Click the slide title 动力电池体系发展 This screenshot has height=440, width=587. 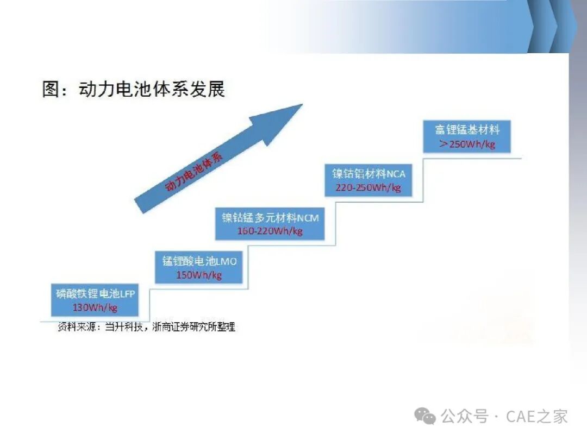click(x=152, y=89)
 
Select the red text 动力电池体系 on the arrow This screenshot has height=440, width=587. click(x=193, y=172)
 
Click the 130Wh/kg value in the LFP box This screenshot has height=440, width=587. click(x=95, y=307)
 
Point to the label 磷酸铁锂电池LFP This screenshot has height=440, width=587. click(x=95, y=294)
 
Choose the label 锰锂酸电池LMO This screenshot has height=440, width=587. click(x=199, y=261)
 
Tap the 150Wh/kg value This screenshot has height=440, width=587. click(x=199, y=275)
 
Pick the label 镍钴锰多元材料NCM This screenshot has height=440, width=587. click(x=270, y=217)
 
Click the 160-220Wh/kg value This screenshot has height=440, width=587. click(x=270, y=231)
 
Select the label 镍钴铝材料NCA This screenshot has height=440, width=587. click(x=369, y=174)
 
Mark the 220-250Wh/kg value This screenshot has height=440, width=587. click(x=369, y=187)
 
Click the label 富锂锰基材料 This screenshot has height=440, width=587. click(x=467, y=130)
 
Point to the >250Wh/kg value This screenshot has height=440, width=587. click(x=467, y=144)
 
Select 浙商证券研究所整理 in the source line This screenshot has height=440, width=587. click(x=194, y=327)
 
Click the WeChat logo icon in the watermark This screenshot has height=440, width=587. click(x=425, y=416)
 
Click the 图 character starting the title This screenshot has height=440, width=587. click(x=51, y=89)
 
